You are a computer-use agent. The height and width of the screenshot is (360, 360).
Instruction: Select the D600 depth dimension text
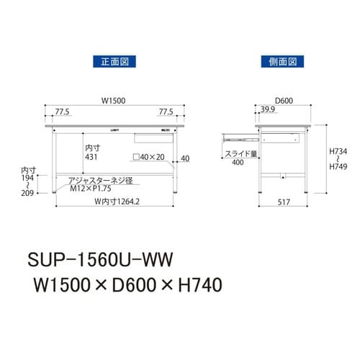pos(282,101)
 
